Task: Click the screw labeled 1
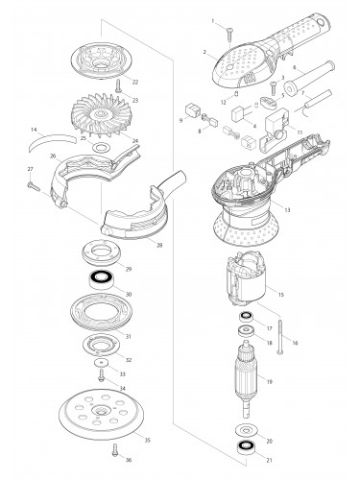(229, 34)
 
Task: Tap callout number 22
(135, 83)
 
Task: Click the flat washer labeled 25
(101, 148)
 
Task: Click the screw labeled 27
(34, 186)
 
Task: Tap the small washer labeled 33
(101, 363)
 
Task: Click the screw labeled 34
(102, 375)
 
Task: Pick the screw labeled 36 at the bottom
(115, 450)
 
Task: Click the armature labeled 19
(246, 378)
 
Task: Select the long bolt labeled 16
(280, 337)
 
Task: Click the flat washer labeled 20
(246, 429)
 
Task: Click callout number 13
(287, 210)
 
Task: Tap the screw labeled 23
(119, 86)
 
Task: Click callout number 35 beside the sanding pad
(147, 441)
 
